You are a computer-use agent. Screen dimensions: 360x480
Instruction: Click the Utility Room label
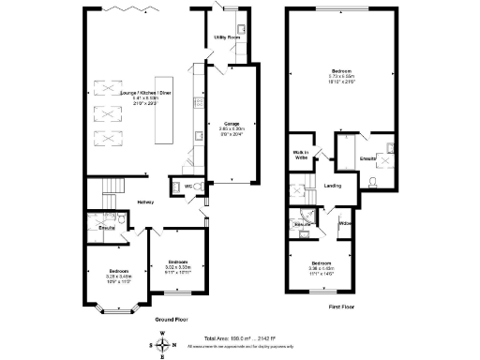click(x=226, y=37)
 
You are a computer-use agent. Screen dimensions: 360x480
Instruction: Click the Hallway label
click(x=145, y=202)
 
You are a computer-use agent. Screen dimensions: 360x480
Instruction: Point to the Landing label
click(x=332, y=185)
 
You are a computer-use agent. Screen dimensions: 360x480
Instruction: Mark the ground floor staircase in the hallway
click(x=112, y=193)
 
